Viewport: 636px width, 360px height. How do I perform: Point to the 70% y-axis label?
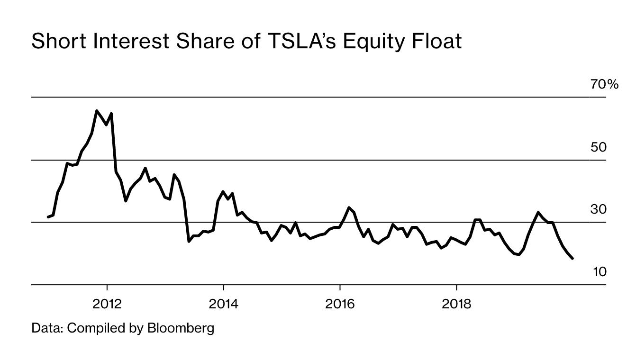pos(604,84)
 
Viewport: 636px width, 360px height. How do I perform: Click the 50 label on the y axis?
pos(598,147)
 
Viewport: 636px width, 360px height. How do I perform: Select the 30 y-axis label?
pos(598,209)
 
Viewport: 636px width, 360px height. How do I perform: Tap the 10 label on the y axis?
pos(599,272)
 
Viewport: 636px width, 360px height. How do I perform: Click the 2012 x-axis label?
pos(107,304)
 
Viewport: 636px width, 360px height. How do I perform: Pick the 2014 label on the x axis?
pos(223,304)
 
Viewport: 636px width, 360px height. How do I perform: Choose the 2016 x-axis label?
pos(340,304)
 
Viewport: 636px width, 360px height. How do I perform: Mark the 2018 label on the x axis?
pos(456,304)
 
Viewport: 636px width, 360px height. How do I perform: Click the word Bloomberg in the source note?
pos(181,328)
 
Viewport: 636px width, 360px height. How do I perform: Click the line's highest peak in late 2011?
pos(97,111)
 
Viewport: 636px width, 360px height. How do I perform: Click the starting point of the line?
pos(48,217)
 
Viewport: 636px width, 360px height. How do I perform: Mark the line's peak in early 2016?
pos(349,207)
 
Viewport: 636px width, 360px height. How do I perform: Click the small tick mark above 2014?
pos(223,288)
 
